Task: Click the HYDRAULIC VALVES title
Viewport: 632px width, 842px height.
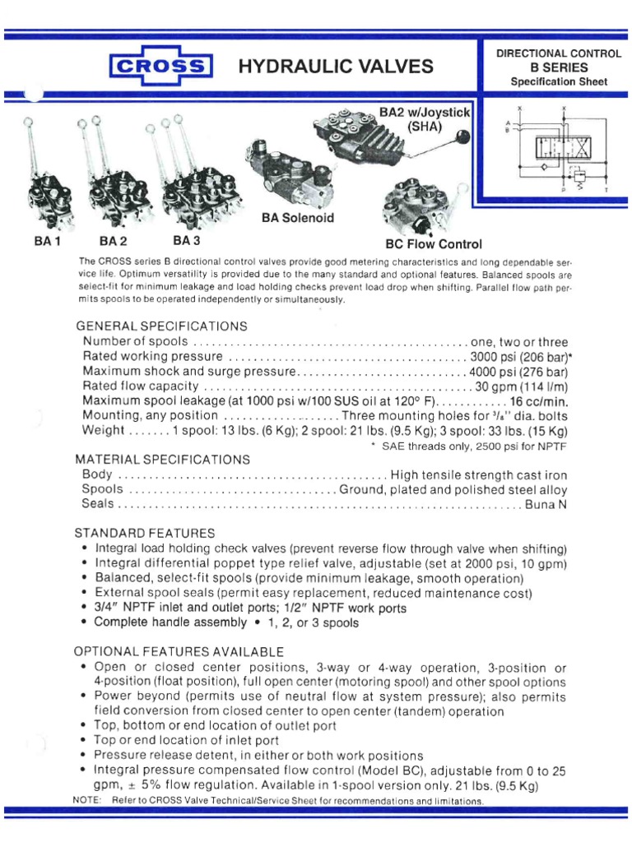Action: (x=335, y=67)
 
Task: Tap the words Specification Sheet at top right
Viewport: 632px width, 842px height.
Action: (x=559, y=81)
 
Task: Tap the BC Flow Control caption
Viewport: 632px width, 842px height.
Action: (x=434, y=244)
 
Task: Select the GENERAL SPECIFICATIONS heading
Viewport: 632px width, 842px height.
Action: (x=156, y=326)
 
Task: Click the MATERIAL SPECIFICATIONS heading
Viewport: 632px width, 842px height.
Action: (x=162, y=459)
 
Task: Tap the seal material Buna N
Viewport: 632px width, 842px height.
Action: (x=546, y=505)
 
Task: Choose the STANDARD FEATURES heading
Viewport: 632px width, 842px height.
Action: (x=145, y=533)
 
